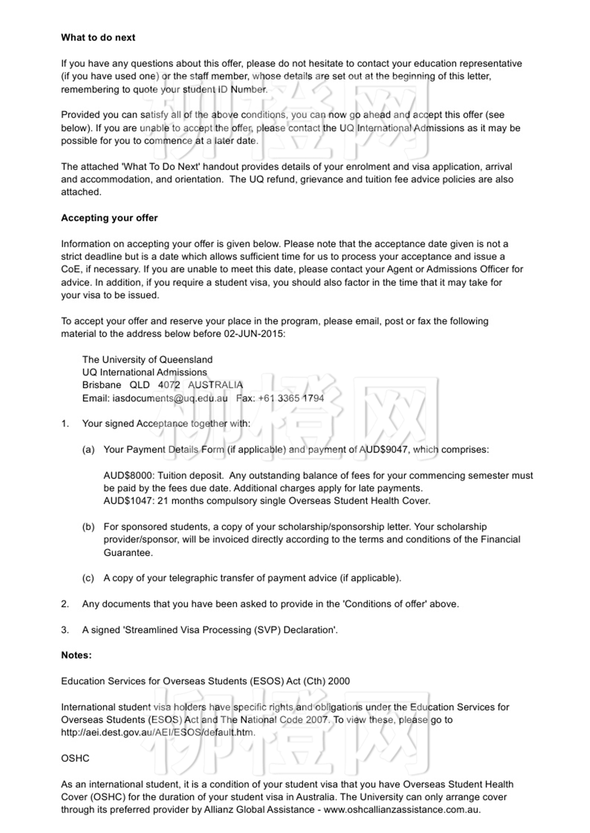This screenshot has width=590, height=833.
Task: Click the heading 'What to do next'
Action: coord(98,37)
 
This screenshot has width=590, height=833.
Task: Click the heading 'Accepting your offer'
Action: coord(109,218)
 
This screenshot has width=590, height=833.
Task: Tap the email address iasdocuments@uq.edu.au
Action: coord(170,398)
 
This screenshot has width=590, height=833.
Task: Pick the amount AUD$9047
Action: coord(383,449)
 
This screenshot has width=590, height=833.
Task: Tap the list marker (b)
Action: coord(88,527)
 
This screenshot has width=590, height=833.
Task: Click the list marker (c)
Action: coord(88,578)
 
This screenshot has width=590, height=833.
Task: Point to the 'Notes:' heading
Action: coord(76,655)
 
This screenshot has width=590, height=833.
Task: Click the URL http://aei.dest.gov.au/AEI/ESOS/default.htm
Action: coord(158,732)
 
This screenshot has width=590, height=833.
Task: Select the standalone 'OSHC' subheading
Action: coord(75,758)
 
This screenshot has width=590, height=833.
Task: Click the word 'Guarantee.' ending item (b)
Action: coord(128,553)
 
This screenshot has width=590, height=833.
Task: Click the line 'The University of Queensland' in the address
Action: coord(147,360)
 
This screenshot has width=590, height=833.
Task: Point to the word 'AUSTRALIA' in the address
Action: coord(215,385)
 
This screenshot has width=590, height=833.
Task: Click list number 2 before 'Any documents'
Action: coord(65,604)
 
